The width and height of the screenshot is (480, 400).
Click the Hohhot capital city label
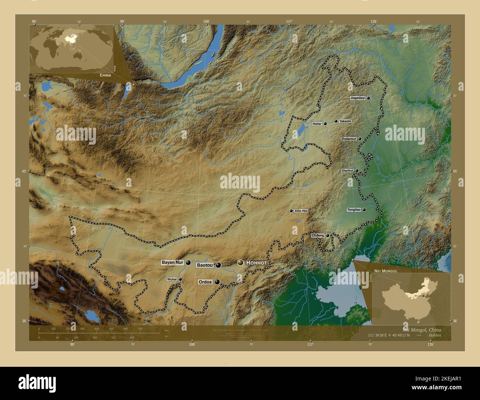click(x=256, y=262)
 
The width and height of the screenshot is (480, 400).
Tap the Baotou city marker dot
click(x=218, y=265)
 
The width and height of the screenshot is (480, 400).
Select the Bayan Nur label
click(x=172, y=262)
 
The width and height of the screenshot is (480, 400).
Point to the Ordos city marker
click(x=217, y=282)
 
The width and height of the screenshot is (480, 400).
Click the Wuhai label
click(x=172, y=279)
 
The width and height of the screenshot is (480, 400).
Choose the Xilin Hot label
click(x=301, y=211)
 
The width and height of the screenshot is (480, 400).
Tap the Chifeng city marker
click(x=328, y=235)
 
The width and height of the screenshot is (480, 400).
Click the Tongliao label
click(x=354, y=210)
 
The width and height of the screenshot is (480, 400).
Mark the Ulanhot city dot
click(x=357, y=170)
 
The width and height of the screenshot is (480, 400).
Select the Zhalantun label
click(x=349, y=139)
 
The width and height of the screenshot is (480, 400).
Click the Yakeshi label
click(x=345, y=121)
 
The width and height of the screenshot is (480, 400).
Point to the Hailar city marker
click(x=325, y=124)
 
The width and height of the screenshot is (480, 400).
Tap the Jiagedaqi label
click(x=357, y=98)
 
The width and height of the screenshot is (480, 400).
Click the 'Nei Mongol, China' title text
click(x=422, y=330)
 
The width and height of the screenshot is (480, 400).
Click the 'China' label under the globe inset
click(x=105, y=75)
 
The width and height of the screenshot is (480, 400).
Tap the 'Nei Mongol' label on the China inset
click(x=386, y=271)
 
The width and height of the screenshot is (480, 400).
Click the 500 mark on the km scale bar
click(x=111, y=329)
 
